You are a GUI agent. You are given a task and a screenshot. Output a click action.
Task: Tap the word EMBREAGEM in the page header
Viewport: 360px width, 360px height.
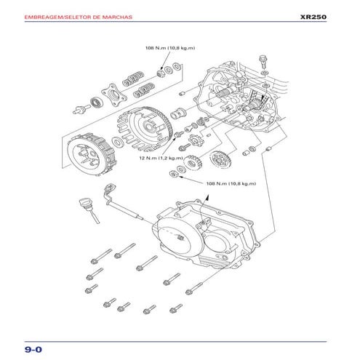[45, 16]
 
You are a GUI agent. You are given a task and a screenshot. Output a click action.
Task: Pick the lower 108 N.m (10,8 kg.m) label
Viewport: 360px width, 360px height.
[231, 183]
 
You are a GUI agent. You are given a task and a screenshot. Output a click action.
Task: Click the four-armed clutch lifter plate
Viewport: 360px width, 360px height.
[111, 92]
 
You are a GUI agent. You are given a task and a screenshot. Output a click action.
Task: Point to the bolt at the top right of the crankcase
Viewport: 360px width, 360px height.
[263, 59]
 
